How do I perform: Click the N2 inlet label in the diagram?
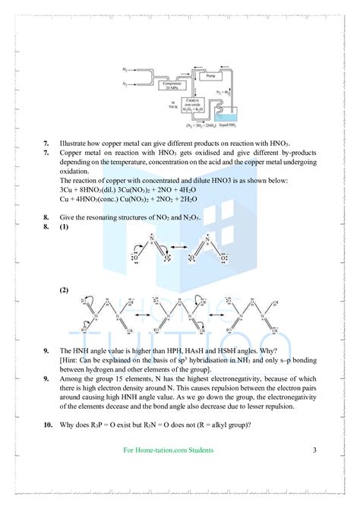coord(125,84)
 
